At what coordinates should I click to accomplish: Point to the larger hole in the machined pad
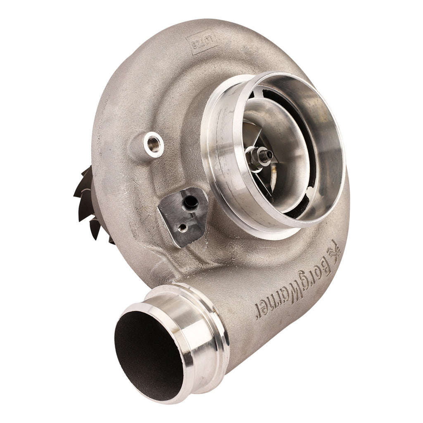point(190,202)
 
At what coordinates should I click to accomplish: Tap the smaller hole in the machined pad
point(182,227)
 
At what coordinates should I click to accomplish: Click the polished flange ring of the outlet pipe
point(194,330)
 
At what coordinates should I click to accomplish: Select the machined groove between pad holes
point(186,215)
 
